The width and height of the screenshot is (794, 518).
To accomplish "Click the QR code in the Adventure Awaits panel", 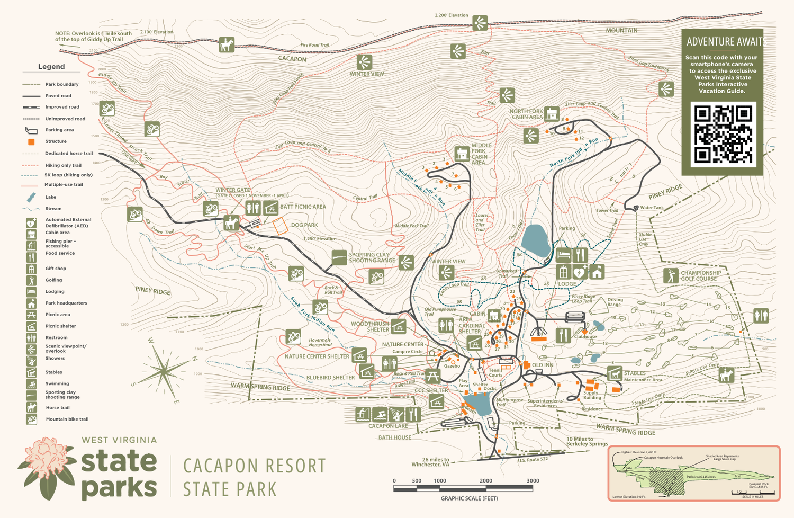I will (x=723, y=135).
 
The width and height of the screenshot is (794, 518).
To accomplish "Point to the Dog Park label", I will (x=304, y=225).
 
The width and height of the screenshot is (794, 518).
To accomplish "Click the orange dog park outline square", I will (x=281, y=226).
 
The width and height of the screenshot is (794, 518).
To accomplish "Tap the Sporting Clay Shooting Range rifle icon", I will (x=339, y=257).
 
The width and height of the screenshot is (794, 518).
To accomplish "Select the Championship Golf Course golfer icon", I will (x=671, y=276).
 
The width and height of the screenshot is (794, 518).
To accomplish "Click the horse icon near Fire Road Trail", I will (x=227, y=45).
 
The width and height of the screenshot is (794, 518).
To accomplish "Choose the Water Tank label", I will (x=652, y=208).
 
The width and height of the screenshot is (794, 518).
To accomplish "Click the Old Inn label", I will (x=543, y=365).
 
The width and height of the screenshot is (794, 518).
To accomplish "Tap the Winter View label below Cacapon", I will (x=367, y=74).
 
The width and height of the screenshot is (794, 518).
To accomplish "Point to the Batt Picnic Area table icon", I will (x=270, y=207).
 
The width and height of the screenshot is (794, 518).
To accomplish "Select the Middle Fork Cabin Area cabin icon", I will (x=462, y=154).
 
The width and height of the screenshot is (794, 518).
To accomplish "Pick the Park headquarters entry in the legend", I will (x=66, y=303).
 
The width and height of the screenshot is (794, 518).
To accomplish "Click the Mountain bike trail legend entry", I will (x=67, y=419).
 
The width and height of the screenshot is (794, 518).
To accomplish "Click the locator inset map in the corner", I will (x=693, y=473).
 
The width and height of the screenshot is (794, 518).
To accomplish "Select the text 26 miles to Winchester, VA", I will (x=430, y=462).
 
